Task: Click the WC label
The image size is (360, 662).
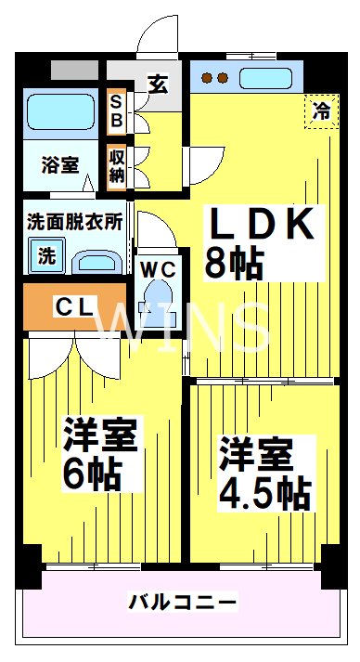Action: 158,269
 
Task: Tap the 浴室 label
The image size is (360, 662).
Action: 60,165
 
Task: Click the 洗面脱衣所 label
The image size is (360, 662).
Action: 74,223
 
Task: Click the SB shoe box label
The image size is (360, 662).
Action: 118,111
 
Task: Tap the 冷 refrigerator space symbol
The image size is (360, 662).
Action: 321,111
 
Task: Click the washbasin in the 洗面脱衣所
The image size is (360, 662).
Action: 97,259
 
